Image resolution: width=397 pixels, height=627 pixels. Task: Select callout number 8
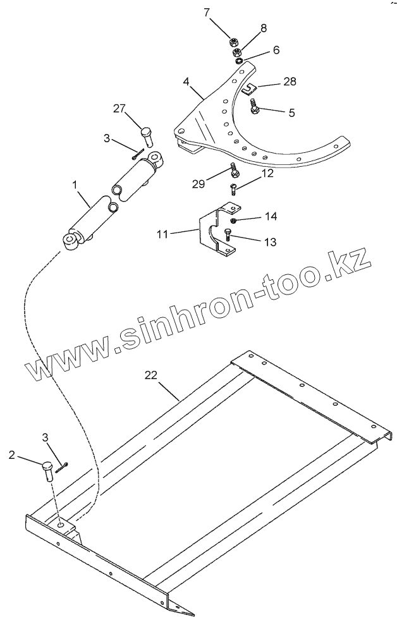[x=264, y=28]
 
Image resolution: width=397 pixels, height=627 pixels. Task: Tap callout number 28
[x=289, y=82]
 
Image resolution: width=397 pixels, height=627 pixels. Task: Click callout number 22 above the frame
[x=150, y=375]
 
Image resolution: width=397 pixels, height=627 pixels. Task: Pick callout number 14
[x=271, y=216]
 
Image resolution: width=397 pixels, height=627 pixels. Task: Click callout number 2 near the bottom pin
[x=12, y=454]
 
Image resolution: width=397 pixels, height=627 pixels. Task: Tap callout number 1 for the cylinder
[x=75, y=185]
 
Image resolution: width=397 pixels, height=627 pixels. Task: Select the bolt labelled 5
[x=253, y=107]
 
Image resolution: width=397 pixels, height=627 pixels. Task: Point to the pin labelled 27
[x=146, y=135]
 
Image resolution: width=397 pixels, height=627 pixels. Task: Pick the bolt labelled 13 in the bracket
[x=226, y=238]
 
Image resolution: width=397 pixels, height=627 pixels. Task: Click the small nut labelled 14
[x=233, y=220]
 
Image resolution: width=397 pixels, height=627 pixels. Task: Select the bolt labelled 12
[x=233, y=188]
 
